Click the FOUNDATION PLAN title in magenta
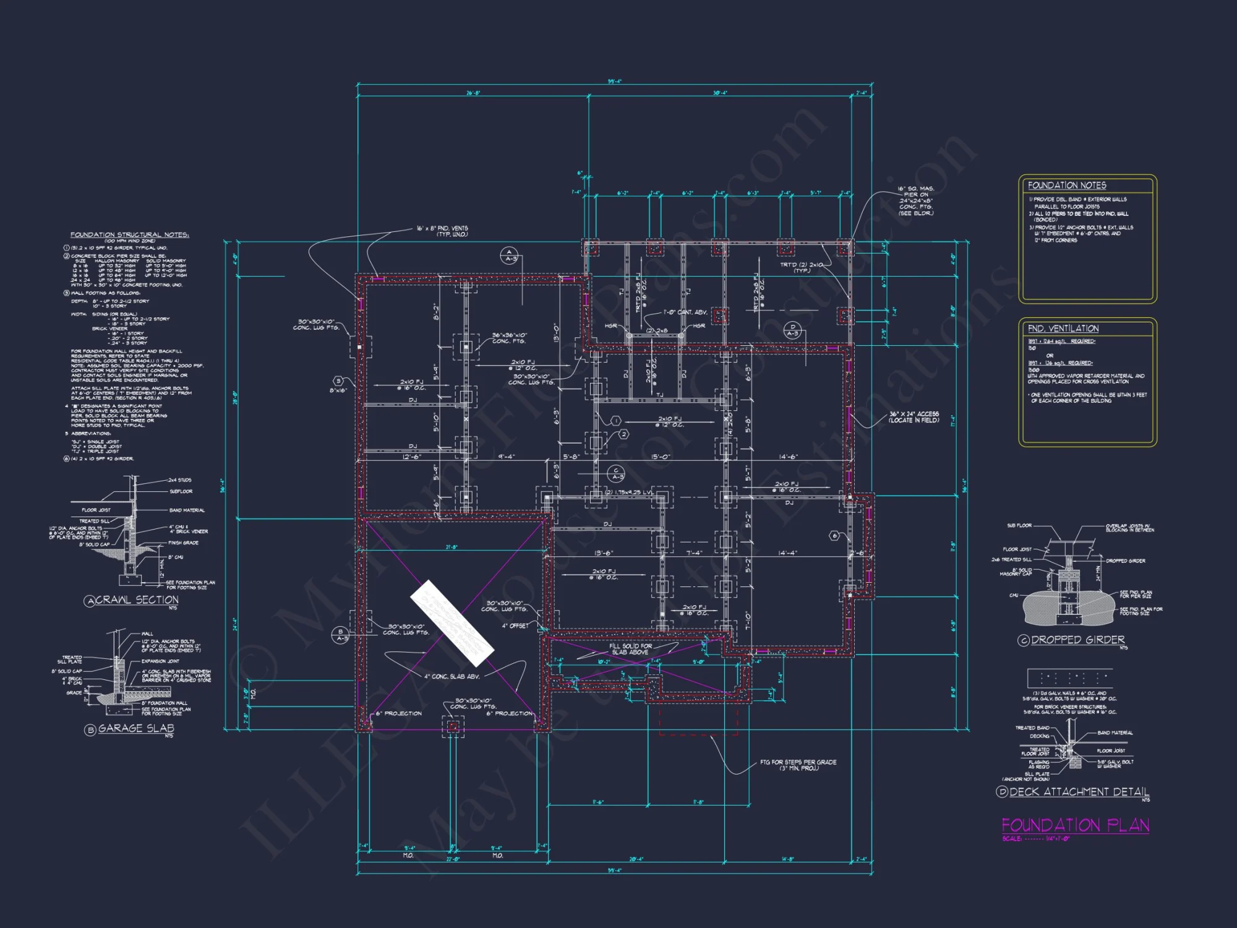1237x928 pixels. (x=1075, y=825)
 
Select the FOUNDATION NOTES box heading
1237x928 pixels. (x=1067, y=186)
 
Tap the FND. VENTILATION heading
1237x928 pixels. (x=1063, y=329)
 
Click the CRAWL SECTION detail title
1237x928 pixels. (x=137, y=600)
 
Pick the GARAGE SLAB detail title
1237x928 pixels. (x=135, y=729)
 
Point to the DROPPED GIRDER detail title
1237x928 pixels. (x=1077, y=640)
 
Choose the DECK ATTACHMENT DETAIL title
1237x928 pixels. (x=1079, y=792)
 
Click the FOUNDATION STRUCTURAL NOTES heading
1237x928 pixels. (x=129, y=235)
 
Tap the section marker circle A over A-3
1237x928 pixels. (x=509, y=255)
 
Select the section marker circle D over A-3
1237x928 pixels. (x=792, y=330)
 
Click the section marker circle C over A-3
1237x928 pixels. (x=616, y=474)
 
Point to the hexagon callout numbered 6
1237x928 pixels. (x=834, y=536)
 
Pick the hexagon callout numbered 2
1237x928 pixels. (x=623, y=434)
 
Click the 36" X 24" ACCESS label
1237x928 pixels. (x=914, y=417)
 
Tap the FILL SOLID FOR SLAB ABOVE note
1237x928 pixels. (x=630, y=649)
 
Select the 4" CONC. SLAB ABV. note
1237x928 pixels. (x=452, y=676)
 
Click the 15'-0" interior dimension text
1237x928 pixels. (x=661, y=457)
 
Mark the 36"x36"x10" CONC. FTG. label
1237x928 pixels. (x=508, y=338)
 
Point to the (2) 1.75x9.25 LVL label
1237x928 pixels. (x=628, y=492)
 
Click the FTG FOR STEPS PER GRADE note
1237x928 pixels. (x=798, y=765)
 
